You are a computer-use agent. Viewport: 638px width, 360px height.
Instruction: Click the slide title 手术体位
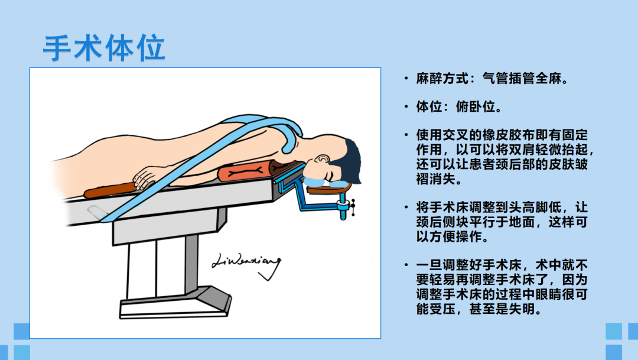[104, 48]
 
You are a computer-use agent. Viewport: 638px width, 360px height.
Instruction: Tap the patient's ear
[323, 159]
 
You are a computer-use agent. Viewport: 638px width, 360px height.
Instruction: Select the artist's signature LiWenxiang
[246, 265]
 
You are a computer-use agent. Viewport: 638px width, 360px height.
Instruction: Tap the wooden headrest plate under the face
[329, 189]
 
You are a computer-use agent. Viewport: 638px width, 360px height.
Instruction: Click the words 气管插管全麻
[522, 78]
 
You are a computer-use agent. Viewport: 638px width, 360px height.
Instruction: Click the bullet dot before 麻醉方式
[406, 78]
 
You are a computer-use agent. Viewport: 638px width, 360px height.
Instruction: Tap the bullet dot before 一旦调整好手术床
[406, 265]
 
